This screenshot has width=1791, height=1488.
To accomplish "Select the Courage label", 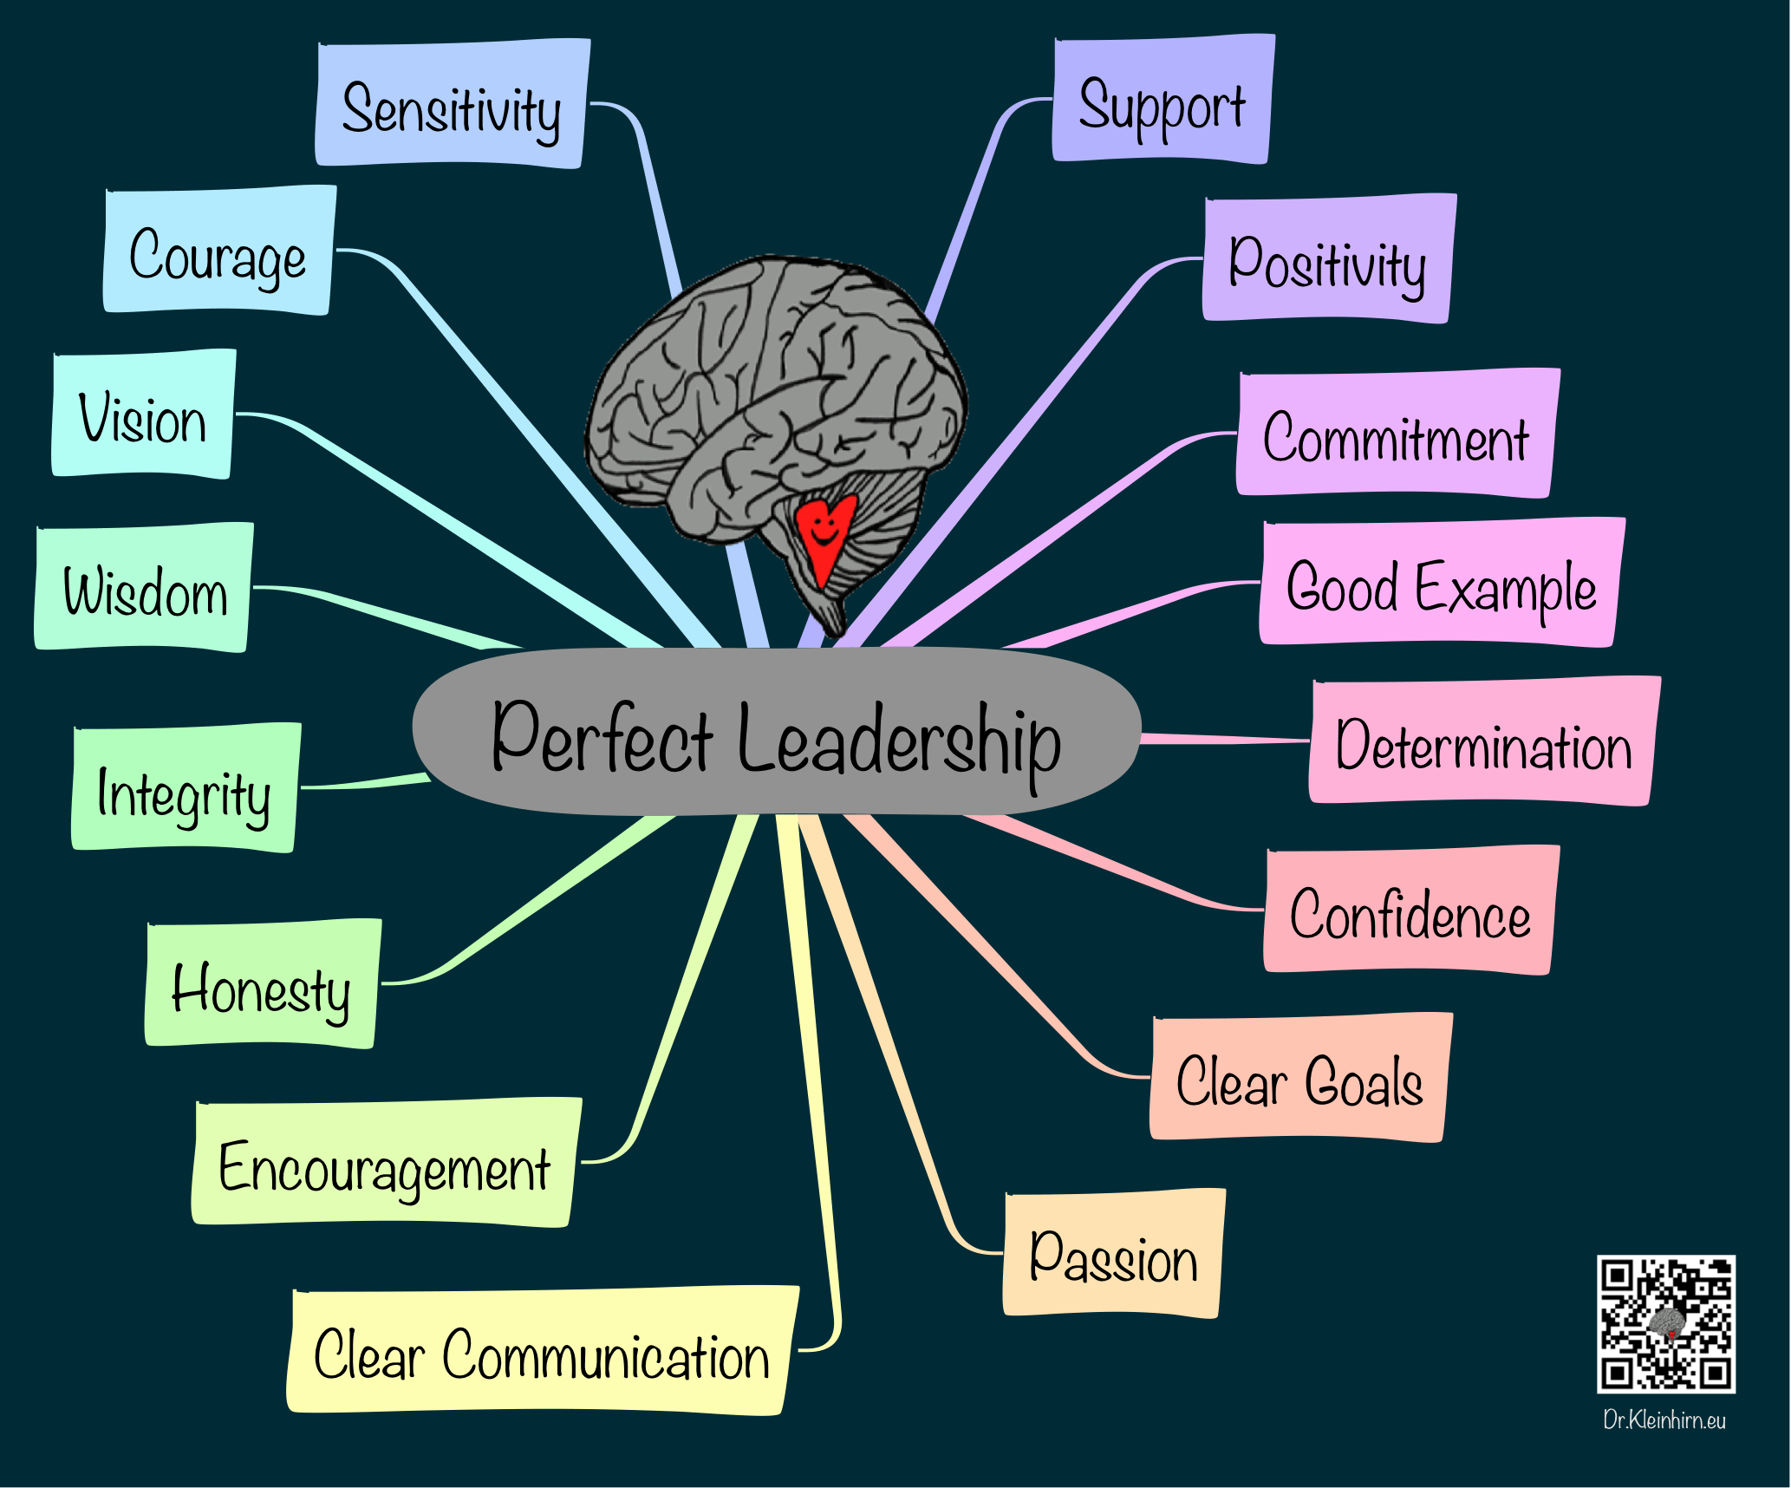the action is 219,251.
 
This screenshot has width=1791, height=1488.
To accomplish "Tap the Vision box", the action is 143,414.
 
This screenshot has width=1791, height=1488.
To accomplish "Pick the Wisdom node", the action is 144,587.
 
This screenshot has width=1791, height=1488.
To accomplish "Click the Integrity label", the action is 186,787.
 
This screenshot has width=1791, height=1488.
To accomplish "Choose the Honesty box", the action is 264,983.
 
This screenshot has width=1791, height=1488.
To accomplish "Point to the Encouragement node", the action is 387,1163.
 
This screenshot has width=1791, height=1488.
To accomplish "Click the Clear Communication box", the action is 544,1351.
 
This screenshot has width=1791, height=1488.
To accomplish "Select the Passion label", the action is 1114,1254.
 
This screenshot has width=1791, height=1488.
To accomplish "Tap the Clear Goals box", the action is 1301,1077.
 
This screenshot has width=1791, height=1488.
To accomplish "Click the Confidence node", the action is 1411,910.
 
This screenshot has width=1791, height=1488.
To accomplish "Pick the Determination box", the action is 1485,741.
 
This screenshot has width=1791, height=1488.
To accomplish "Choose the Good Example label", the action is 1443,582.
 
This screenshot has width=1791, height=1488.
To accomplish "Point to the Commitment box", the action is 1398,433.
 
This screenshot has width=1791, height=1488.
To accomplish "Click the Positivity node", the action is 1330,258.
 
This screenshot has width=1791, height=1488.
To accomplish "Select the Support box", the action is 1163,99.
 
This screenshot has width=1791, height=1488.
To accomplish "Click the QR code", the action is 1666,1324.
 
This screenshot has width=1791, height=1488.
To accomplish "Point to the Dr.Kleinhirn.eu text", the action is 1664,1420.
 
